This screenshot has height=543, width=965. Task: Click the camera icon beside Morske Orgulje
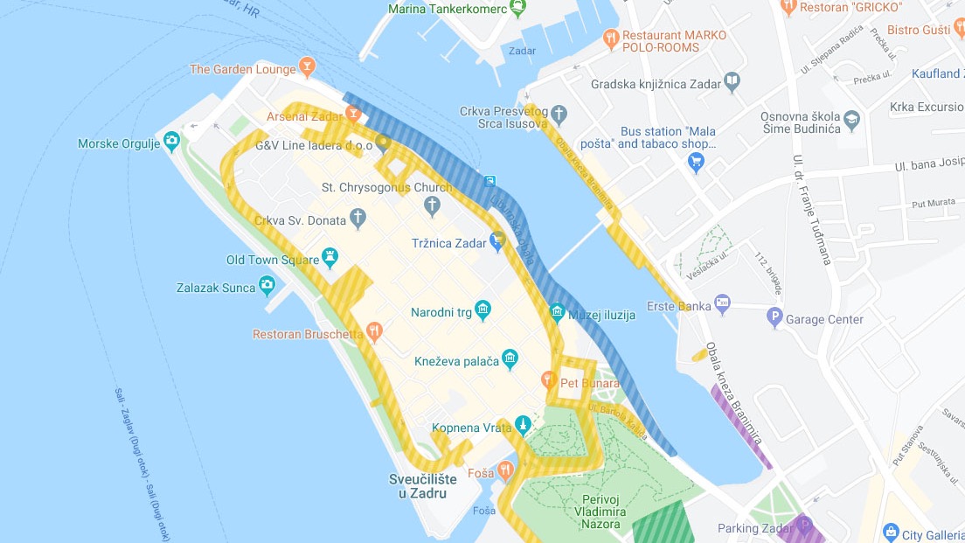coord(172,140)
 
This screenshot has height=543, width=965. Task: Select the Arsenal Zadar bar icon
coord(353,113)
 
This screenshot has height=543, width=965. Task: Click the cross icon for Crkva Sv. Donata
coord(358,216)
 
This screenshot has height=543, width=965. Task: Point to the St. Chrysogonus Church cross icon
coord(431,205)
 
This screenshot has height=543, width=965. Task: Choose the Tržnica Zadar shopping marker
coord(497,240)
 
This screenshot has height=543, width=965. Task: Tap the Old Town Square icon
coord(330,256)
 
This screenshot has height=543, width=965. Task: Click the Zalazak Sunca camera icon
coord(267,284)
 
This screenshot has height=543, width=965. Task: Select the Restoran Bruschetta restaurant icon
coord(374,331)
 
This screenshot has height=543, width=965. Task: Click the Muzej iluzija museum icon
coord(557,311)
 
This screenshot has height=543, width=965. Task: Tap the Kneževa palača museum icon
coord(510,358)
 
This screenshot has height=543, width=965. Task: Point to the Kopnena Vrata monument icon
coord(522,425)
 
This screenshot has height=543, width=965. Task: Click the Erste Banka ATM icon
coord(722,303)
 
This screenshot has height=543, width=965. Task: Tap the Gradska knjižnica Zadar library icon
coord(732,82)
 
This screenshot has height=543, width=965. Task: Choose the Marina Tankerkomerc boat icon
coord(518,8)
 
